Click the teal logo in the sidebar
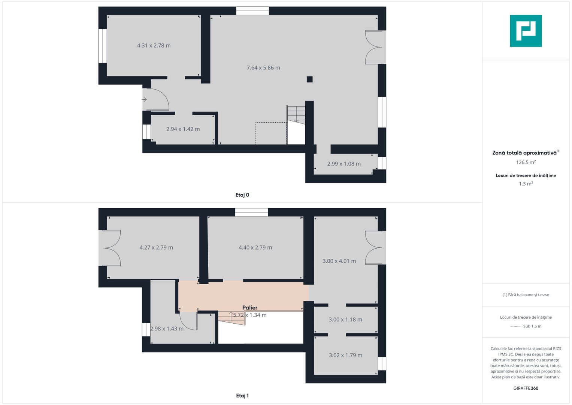click(x=526, y=31)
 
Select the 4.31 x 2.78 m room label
click(x=154, y=46)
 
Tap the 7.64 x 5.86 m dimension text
click(x=263, y=68)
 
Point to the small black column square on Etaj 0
click(x=309, y=79)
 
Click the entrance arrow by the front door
click(x=144, y=99)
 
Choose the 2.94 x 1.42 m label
click(x=183, y=129)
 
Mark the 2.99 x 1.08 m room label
click(x=344, y=164)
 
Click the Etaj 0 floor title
click(x=242, y=195)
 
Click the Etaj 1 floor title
click(x=242, y=396)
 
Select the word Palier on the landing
click(x=250, y=307)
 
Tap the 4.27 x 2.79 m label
click(x=156, y=247)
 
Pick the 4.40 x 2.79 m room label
click(x=255, y=247)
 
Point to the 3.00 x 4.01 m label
click(x=339, y=261)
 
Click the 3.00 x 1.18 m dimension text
click(x=345, y=319)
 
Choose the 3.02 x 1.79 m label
click(x=345, y=355)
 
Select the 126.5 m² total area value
click(x=526, y=162)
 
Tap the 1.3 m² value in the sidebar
click(x=526, y=184)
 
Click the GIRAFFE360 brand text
click(x=526, y=388)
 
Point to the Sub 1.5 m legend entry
click(x=532, y=326)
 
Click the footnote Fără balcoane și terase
click(x=526, y=295)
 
